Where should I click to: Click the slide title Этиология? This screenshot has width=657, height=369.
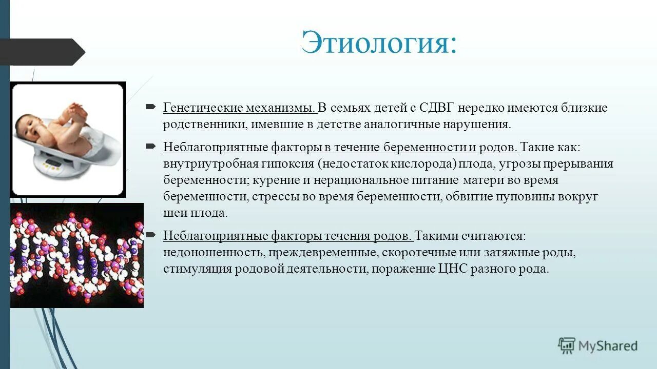pos(378,42)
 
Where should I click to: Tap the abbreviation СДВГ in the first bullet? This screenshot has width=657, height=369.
pos(436,108)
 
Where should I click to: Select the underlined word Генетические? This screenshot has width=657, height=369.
pos(203,108)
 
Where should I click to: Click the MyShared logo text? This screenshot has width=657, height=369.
pos(608,346)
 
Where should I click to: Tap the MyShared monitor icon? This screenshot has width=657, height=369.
pos(567,345)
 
